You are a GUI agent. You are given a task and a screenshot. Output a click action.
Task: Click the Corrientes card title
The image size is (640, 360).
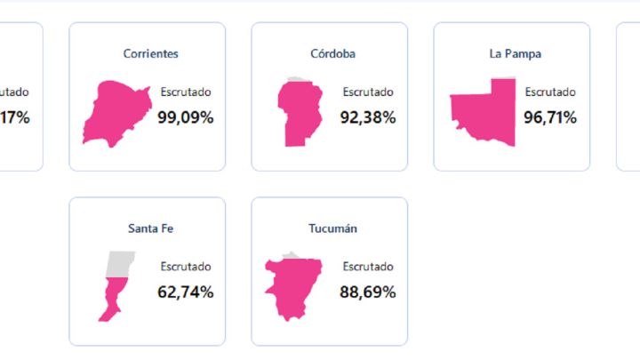[150, 53]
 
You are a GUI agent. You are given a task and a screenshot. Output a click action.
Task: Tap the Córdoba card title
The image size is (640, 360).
[333, 53]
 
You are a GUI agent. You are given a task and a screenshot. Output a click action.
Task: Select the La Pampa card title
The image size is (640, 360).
[515, 53]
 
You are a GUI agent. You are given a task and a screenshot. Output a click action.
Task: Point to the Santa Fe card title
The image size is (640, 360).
[150, 228]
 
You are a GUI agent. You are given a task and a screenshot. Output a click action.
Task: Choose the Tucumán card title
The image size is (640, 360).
[333, 228]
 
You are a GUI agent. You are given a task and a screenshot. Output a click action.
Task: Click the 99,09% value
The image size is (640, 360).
[186, 116]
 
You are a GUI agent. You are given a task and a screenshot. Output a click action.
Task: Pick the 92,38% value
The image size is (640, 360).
[368, 116]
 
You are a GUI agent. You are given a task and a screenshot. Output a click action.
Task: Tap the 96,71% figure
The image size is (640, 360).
[550, 116]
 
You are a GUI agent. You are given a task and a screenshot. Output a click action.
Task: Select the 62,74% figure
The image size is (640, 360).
[186, 292]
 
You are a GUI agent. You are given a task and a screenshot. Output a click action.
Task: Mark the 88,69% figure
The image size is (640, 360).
[368, 292]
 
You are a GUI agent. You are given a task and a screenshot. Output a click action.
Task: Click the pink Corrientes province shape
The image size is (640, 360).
[116, 110]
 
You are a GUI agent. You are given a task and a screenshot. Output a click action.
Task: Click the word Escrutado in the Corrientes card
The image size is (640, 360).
[186, 92]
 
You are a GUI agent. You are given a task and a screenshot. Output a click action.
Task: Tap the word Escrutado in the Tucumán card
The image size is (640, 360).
[368, 267]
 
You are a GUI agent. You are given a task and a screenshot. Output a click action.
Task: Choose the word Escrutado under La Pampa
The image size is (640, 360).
[550, 92]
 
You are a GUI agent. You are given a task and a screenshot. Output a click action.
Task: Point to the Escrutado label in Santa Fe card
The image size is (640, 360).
[186, 267]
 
